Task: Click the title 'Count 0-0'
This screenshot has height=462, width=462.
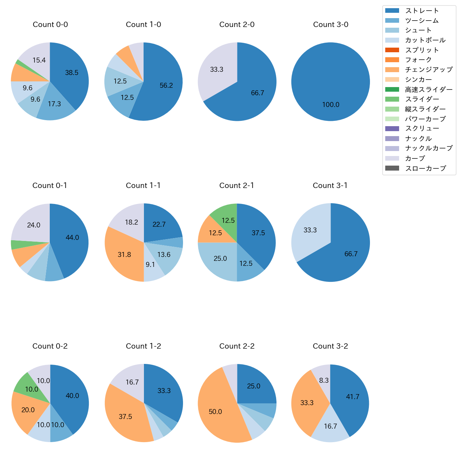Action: [50, 25]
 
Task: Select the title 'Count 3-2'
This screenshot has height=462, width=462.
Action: [330, 346]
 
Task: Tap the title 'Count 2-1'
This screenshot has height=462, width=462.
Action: [237, 186]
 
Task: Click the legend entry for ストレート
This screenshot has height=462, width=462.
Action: [422, 11]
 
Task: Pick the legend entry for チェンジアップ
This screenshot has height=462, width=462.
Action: [429, 70]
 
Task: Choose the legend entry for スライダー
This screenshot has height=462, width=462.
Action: [422, 99]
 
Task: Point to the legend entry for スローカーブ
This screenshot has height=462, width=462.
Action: [425, 168]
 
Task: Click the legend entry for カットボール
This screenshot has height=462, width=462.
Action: [425, 40]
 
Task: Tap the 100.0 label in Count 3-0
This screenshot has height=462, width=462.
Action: [331, 105]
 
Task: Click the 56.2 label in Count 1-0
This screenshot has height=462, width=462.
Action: [166, 86]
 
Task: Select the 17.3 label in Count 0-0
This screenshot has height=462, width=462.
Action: [54, 104]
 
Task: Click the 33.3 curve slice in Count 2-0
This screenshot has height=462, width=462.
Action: [217, 70]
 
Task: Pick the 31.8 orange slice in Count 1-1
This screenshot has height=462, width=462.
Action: [124, 255]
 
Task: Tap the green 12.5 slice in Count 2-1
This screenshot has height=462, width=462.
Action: [228, 221]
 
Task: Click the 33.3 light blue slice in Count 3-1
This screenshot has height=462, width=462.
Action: [310, 230]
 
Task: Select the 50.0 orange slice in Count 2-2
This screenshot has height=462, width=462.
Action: [215, 412]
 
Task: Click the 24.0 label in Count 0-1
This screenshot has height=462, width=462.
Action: [34, 225]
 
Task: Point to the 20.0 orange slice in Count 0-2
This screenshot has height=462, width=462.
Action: [28, 410]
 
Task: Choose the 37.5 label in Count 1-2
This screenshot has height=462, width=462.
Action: [125, 417]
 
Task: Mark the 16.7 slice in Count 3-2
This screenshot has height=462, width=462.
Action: [331, 426]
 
